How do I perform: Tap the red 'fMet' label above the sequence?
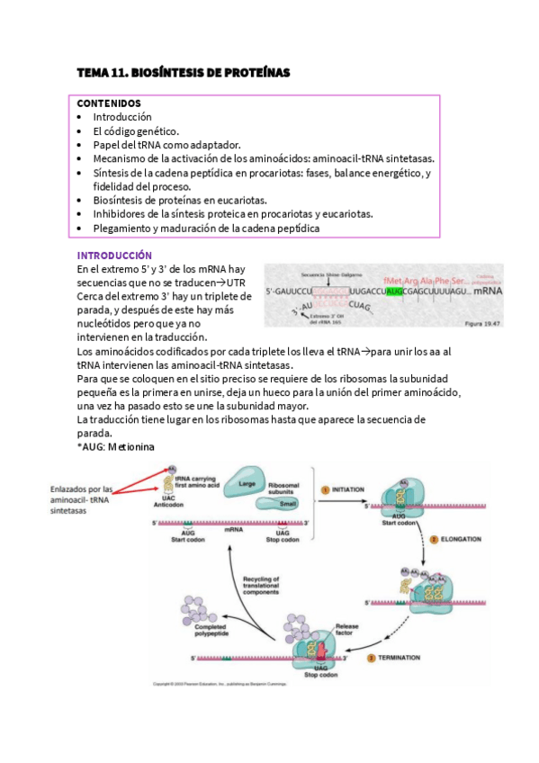point(396,280)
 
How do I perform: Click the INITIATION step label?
point(347,489)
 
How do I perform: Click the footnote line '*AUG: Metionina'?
point(116,446)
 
